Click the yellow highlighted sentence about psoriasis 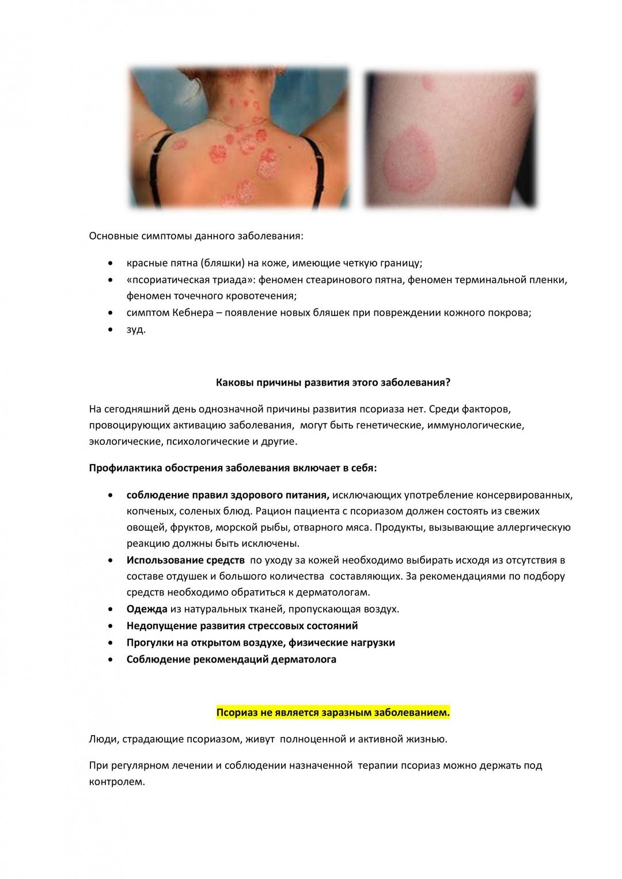click(x=333, y=713)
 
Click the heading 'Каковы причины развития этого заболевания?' click(x=333, y=382)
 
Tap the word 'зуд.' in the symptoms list click(x=136, y=330)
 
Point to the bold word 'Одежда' click(x=147, y=609)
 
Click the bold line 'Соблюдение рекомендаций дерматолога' click(x=231, y=659)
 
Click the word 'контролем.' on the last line click(x=117, y=782)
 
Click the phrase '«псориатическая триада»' click(x=191, y=280)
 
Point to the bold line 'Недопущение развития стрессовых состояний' click(x=242, y=626)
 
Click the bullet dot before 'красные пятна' click(x=110, y=264)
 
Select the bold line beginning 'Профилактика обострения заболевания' click(x=233, y=467)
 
